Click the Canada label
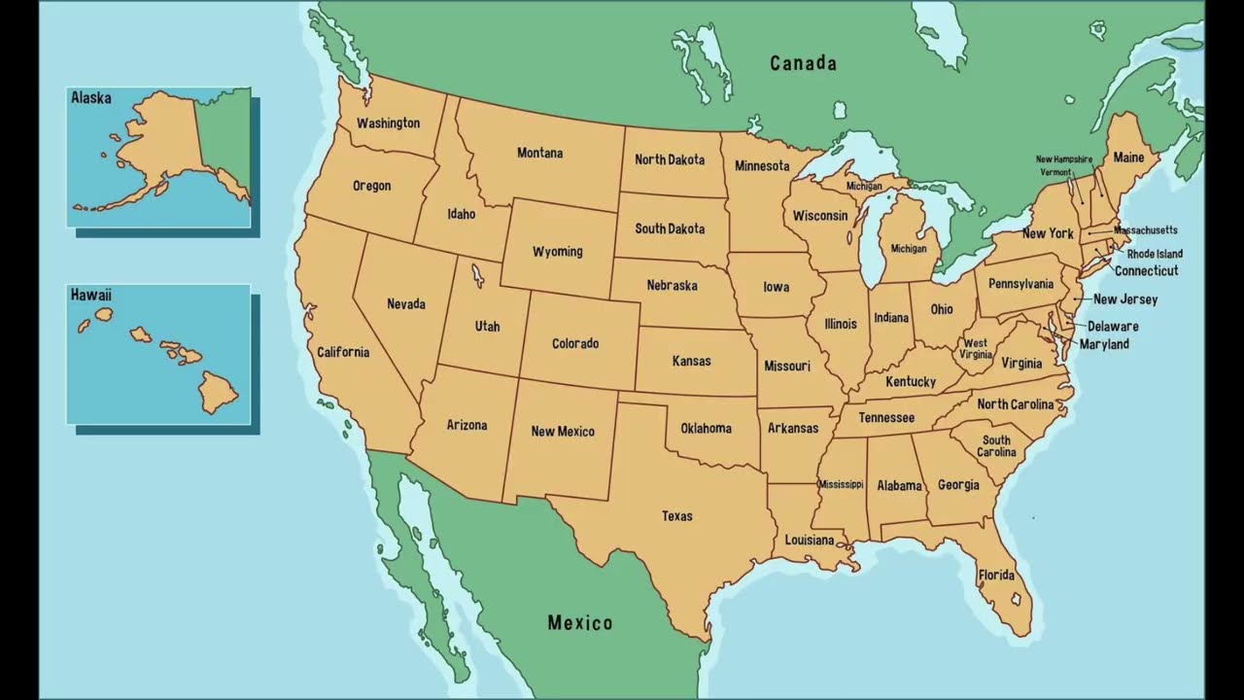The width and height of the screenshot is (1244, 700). click(803, 63)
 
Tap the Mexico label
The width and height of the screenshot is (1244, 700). click(580, 622)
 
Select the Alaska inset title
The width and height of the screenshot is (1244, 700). click(90, 98)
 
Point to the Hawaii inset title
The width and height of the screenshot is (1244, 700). click(90, 295)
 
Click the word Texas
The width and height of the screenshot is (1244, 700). click(677, 516)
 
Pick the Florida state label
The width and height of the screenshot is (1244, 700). click(996, 575)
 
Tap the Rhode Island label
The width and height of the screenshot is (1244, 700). click(1155, 254)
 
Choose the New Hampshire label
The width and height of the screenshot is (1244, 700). click(1063, 159)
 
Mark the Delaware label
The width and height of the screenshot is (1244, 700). click(1113, 327)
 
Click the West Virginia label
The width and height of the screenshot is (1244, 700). click(975, 349)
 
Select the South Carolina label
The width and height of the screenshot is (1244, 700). click(996, 446)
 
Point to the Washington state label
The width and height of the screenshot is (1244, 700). click(388, 123)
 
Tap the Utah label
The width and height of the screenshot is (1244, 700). click(487, 327)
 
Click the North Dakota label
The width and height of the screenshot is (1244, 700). click(670, 159)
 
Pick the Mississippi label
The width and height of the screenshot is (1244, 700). click(841, 484)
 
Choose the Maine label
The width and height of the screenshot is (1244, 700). click(1128, 157)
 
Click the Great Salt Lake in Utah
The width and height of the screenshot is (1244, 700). click(476, 277)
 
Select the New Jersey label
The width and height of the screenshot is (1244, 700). click(1125, 299)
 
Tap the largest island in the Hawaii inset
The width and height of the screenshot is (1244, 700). click(219, 392)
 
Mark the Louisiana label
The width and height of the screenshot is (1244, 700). click(810, 540)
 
